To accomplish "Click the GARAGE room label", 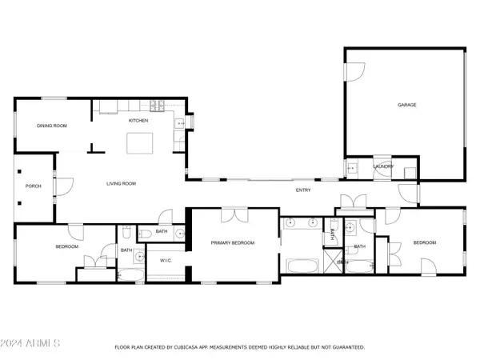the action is pyautogui.click(x=407, y=105).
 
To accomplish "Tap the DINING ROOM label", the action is pyautogui.click(x=52, y=126).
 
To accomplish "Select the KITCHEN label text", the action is pyautogui.click(x=138, y=120).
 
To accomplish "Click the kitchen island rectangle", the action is pyautogui.click(x=140, y=143).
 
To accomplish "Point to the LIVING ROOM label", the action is pyautogui.click(x=122, y=183).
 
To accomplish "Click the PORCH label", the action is pyautogui.click(x=34, y=186).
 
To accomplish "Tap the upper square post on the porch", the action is pyautogui.click(x=19, y=171).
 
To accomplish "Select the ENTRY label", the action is pyautogui.click(x=303, y=190).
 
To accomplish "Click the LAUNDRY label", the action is pyautogui.click(x=383, y=166).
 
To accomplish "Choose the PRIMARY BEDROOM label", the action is pyautogui.click(x=233, y=242).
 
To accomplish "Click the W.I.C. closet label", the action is pyautogui.click(x=166, y=261).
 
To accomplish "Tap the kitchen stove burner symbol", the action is pyautogui.click(x=157, y=106).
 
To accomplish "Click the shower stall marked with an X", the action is pyautogui.click(x=333, y=261).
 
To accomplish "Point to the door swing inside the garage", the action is pyautogui.click(x=355, y=72).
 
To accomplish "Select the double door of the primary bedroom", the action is pyautogui.click(x=234, y=215).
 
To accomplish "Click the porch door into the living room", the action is pyautogui.click(x=64, y=186).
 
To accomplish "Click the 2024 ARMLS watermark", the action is pyautogui.click(x=30, y=343).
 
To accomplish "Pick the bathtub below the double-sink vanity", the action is pyautogui.click(x=302, y=266).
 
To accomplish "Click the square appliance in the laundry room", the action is pyautogui.click(x=410, y=174).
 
